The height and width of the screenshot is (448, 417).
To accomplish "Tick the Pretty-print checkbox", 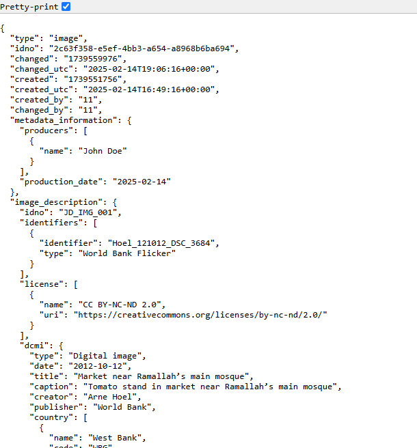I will pos(66,6).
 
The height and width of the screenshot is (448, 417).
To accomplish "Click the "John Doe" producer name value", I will pos(105,151).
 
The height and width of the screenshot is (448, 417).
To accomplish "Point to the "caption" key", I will pos(49,387).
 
